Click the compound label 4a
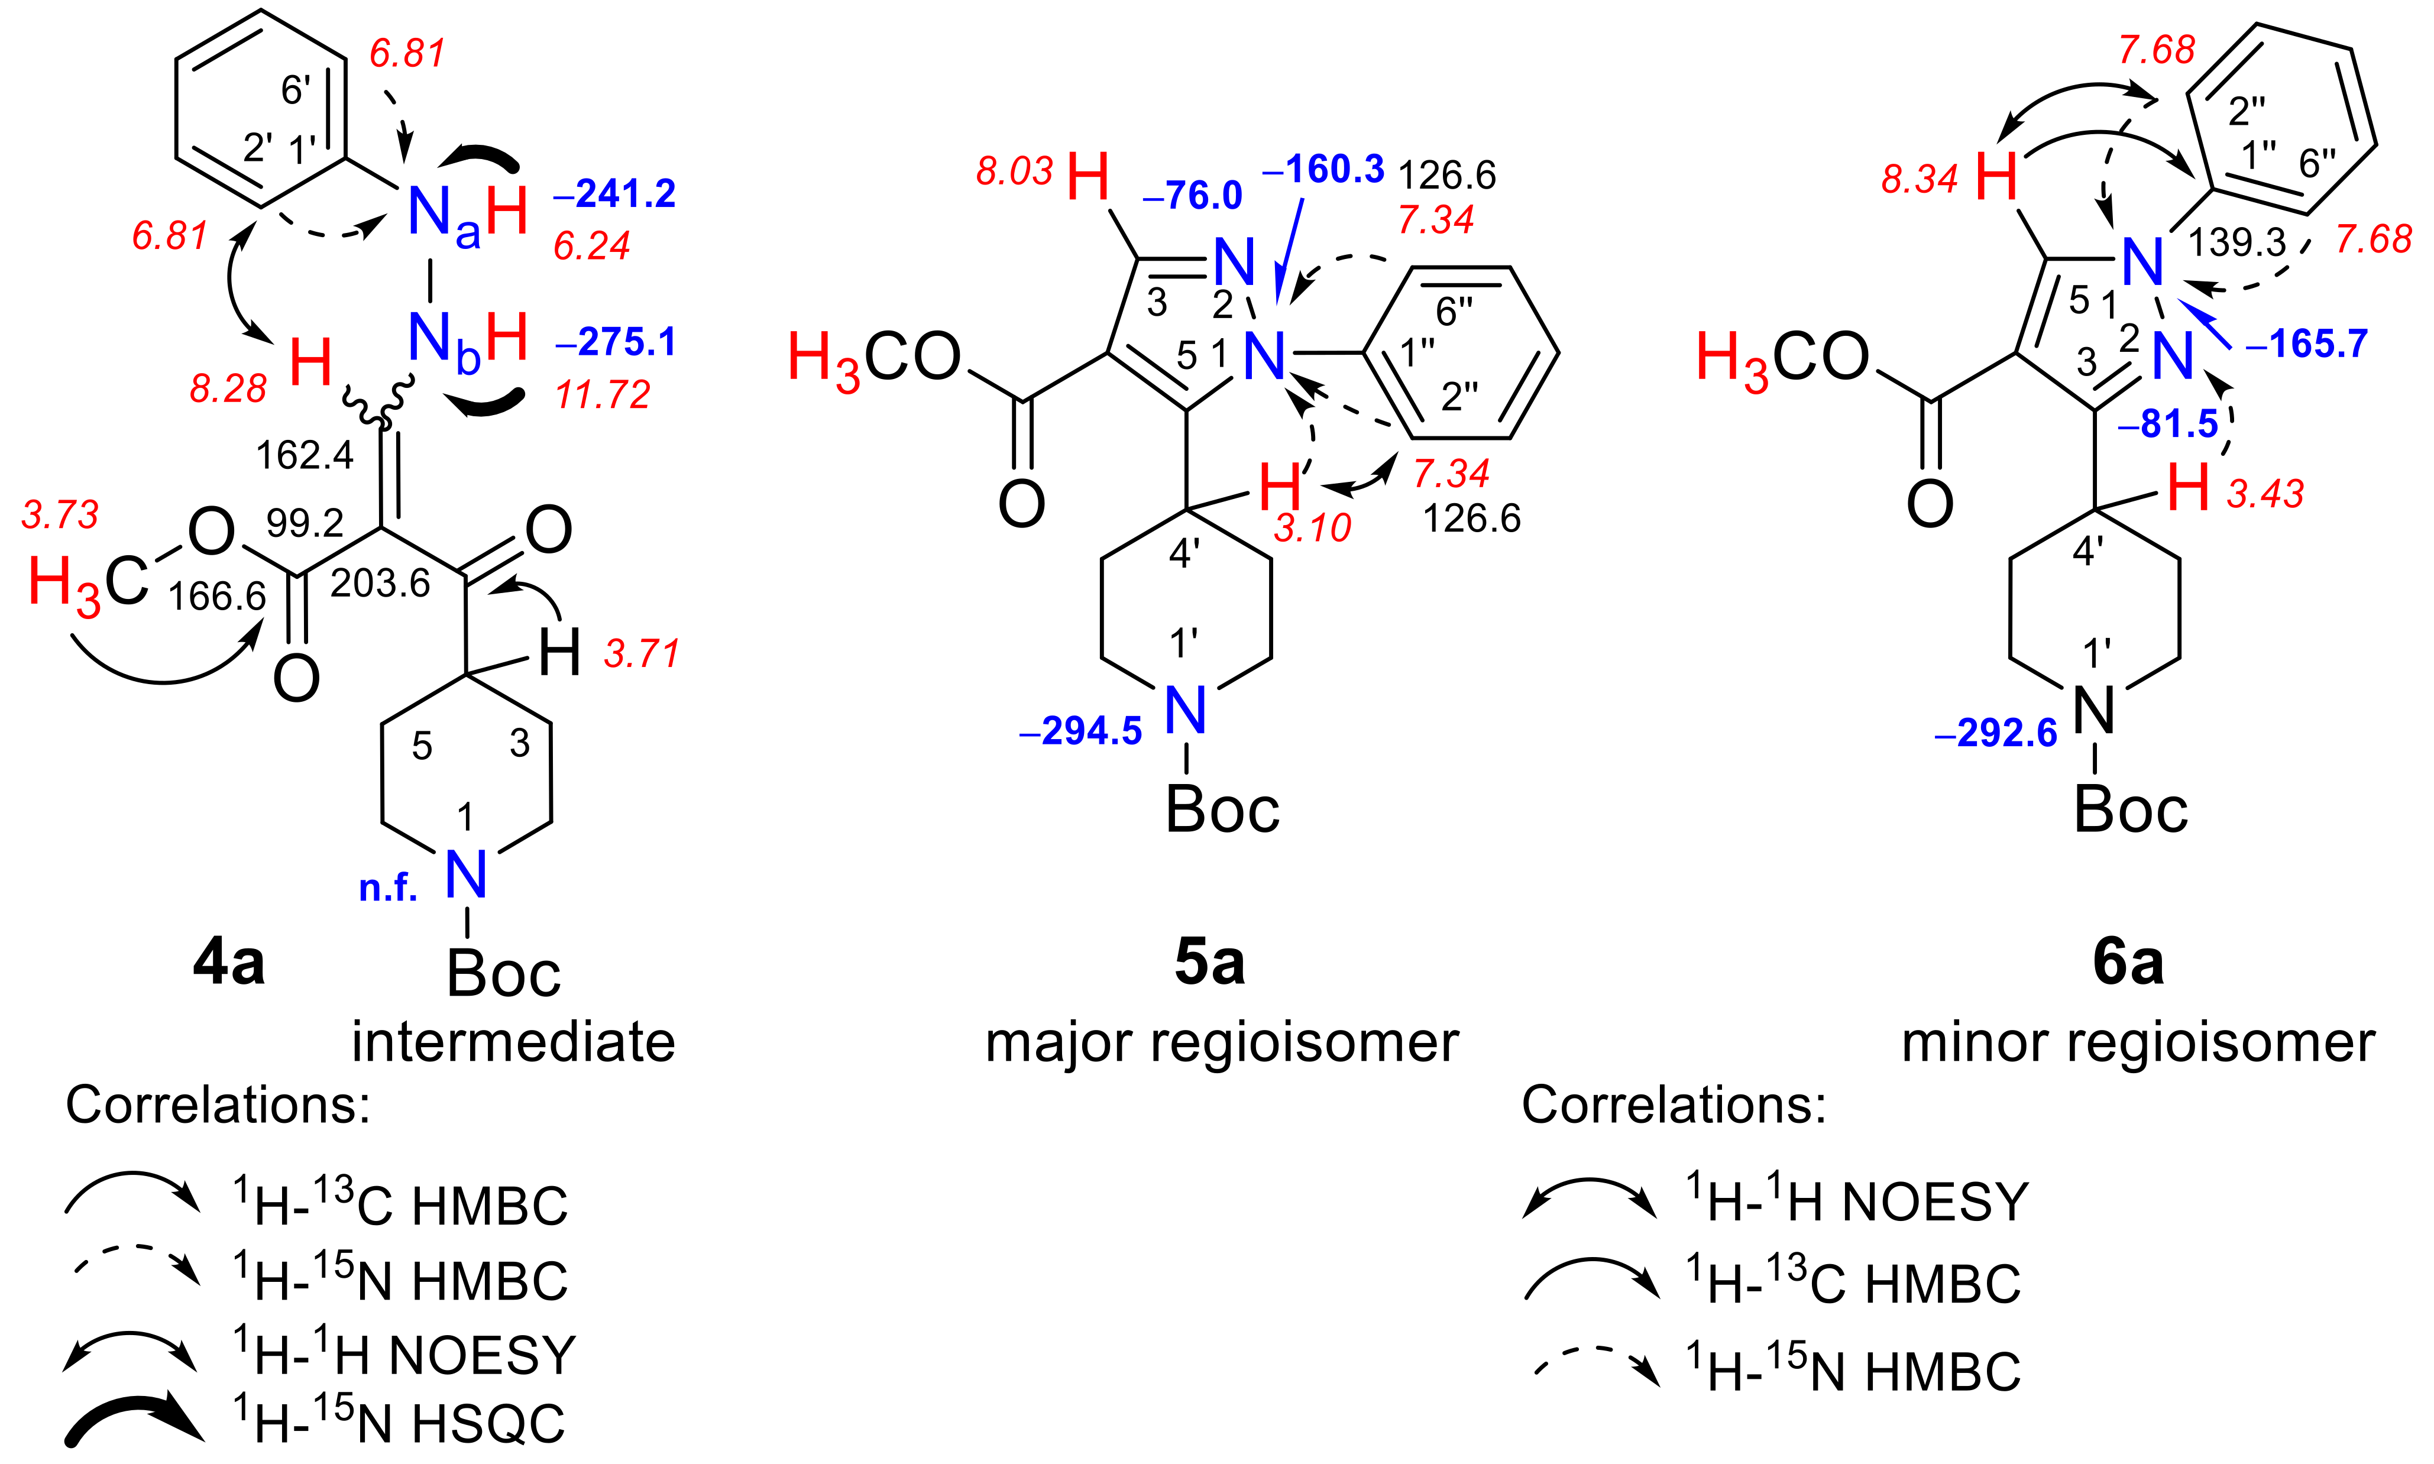(229, 962)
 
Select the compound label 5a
(1209, 962)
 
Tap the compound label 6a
(2128, 962)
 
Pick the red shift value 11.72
(602, 394)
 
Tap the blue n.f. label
(388, 888)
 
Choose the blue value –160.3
(1323, 170)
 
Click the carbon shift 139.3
(2238, 242)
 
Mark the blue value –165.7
(2307, 344)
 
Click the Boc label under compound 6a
(2131, 811)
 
